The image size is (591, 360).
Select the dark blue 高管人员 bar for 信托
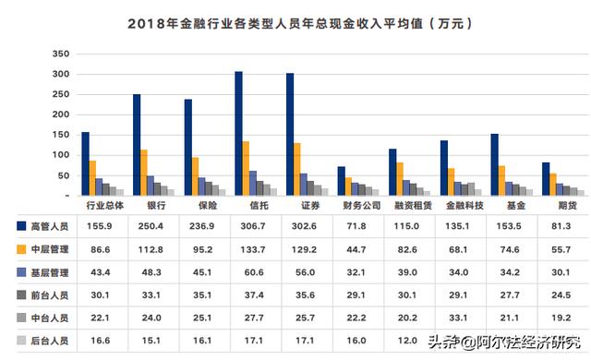(238, 134)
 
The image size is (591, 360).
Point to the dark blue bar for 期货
(545, 179)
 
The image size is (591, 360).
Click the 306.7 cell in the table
(249, 225)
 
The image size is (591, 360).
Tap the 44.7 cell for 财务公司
(351, 249)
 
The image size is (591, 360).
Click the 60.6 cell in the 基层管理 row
(249, 272)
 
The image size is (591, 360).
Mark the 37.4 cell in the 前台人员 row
(249, 295)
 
